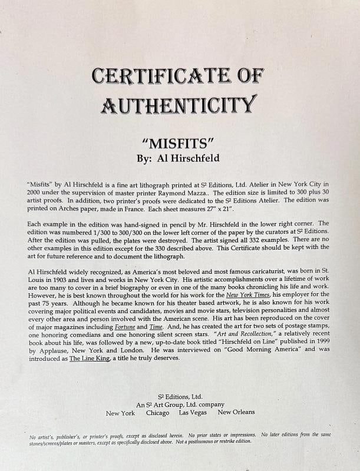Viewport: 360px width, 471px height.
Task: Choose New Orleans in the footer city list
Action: tap(236, 413)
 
